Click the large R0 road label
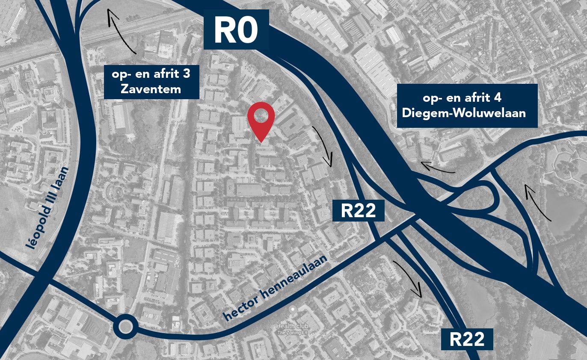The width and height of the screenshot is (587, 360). pos(236,30)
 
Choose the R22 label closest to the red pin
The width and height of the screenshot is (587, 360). pos(358,211)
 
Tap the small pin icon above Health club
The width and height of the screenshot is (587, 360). pos(293,309)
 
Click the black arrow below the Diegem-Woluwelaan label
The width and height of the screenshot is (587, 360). pos(438,167)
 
